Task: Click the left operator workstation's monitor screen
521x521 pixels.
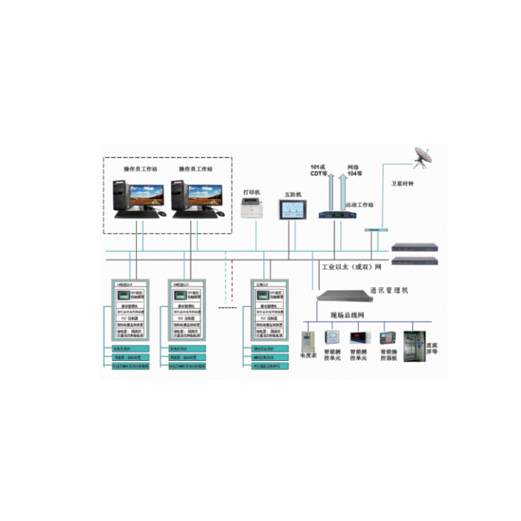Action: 146,195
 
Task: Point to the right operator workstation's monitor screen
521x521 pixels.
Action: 204,195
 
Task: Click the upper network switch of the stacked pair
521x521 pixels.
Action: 415,248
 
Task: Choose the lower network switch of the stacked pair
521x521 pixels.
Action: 415,260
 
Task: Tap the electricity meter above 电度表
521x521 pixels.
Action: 307,341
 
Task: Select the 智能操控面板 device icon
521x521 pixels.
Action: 388,341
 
